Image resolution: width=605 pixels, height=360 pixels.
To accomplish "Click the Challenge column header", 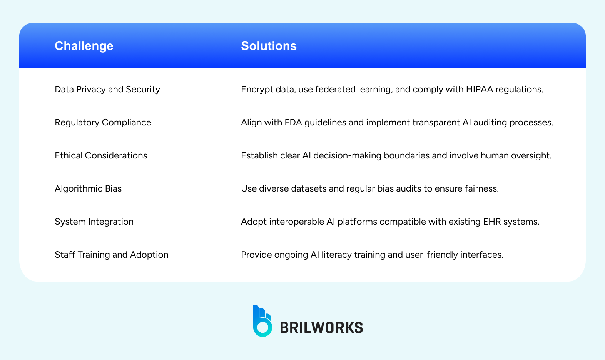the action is tap(84, 46).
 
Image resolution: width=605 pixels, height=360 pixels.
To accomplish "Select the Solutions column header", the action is tap(269, 46).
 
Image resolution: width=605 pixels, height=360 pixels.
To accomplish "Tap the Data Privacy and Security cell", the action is tap(107, 89).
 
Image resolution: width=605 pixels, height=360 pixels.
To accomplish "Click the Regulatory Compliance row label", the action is tap(103, 123).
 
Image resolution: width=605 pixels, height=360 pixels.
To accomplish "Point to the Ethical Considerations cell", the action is tap(101, 155).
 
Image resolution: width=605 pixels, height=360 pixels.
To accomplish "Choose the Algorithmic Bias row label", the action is tap(88, 188).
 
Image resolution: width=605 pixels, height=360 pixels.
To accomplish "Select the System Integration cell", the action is tap(94, 222).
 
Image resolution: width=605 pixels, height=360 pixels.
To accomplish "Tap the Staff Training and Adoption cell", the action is tap(112, 255).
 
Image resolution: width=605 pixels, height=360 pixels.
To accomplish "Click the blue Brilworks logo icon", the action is tap(262, 321).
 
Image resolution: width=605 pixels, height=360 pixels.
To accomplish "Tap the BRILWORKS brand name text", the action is tap(321, 327).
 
